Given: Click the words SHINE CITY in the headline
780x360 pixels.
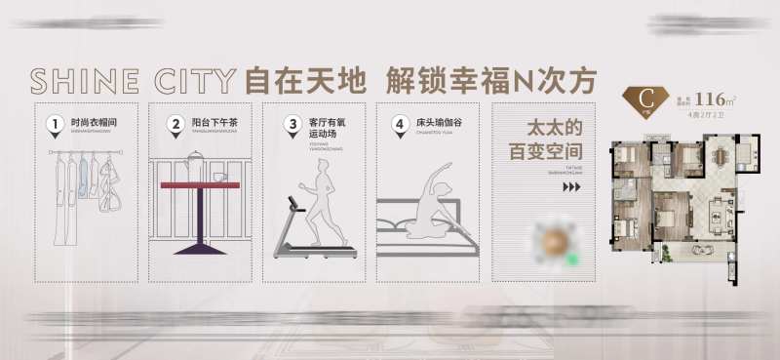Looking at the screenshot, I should coord(133,79).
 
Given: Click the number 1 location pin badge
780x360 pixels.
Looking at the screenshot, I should coord(56,125).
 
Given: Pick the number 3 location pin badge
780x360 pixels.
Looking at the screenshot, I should coord(292,125).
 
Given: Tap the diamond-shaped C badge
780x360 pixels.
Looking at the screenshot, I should coord(645,99).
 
